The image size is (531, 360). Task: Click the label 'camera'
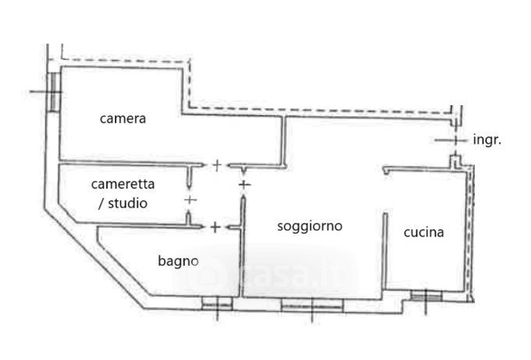[122, 118]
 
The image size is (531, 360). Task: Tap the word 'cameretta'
[122, 184]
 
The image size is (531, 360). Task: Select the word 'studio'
[127, 203]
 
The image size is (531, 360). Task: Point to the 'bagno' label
[178, 261]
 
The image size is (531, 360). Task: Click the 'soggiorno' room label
[310, 226]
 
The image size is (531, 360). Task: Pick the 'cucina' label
[423, 232]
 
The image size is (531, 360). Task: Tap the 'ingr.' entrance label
[487, 139]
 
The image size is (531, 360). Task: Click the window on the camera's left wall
[54, 92]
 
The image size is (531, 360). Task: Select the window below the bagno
[217, 303]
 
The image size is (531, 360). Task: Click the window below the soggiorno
[312, 305]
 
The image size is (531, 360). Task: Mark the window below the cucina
[426, 295]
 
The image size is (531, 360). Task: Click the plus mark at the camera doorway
[217, 165]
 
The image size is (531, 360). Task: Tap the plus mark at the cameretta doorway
[190, 200]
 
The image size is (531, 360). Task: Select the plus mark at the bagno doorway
[215, 228]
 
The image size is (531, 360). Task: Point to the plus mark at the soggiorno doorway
[245, 185]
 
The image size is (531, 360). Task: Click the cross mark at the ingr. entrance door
[455, 139]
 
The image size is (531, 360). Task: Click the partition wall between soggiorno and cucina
[385, 251]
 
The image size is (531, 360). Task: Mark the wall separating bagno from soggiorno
[242, 247]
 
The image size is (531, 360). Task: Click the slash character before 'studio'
[101, 203]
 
